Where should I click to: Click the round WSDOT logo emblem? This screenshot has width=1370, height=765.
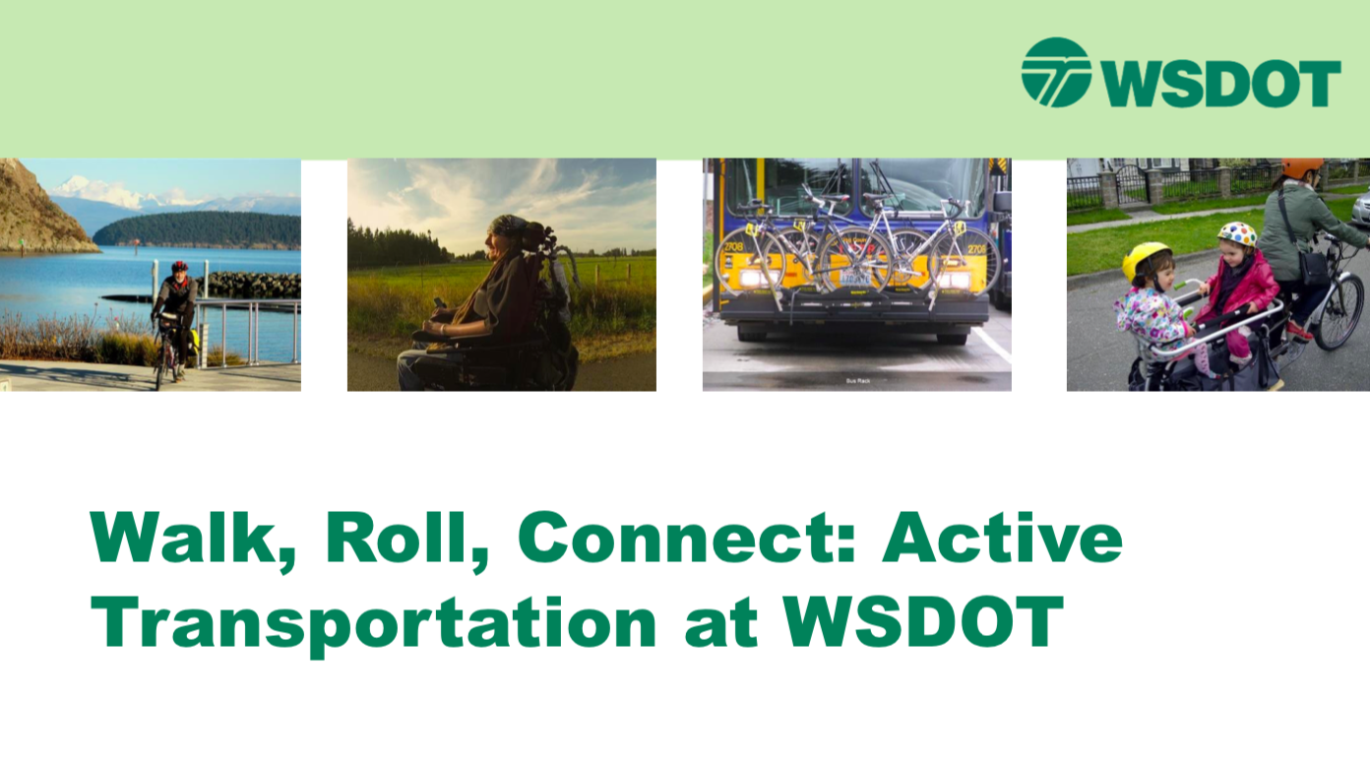pos(1056,72)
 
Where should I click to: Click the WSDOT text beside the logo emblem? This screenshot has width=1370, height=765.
pos(1222,84)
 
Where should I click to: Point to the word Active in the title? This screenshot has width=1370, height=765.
pos(1002,538)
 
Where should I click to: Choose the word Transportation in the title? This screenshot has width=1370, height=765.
pos(373,624)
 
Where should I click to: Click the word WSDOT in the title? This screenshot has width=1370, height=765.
pos(923,621)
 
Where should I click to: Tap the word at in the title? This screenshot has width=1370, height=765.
pos(721,624)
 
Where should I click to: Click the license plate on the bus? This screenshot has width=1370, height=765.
pos(854,279)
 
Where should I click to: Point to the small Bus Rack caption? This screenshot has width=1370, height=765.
pos(857,381)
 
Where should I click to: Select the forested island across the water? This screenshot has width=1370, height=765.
pos(199,228)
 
